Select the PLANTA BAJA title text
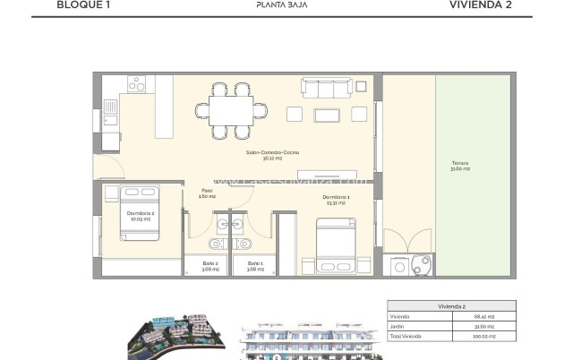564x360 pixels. tap(282, 4)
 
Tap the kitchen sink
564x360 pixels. tap(110, 111)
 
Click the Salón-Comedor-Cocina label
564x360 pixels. tap(274, 155)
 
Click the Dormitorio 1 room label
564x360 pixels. tap(337, 201)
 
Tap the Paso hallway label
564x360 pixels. tap(206, 193)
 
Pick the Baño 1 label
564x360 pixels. tap(255, 266)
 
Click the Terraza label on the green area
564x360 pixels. tap(460, 166)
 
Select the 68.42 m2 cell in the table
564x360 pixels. tap(483, 317)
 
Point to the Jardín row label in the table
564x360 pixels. tap(397, 327)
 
